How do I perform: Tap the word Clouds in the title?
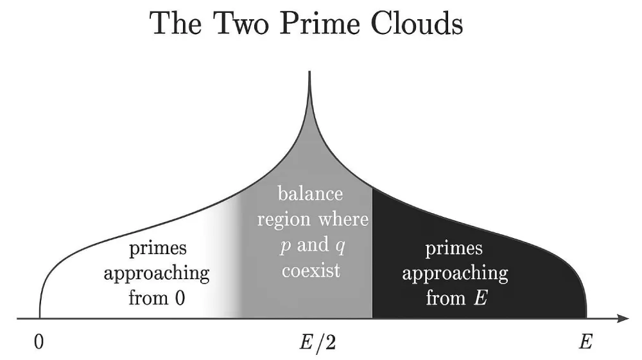click(418, 24)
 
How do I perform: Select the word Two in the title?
click(239, 24)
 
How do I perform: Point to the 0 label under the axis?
click(40, 342)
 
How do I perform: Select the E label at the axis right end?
click(585, 342)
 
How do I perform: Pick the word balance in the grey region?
click(310, 194)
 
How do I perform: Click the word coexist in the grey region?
click(311, 270)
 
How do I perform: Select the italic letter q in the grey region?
click(341, 246)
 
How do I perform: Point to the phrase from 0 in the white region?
click(157, 298)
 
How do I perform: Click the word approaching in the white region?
click(157, 273)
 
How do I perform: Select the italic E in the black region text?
click(480, 298)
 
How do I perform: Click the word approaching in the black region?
click(455, 273)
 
